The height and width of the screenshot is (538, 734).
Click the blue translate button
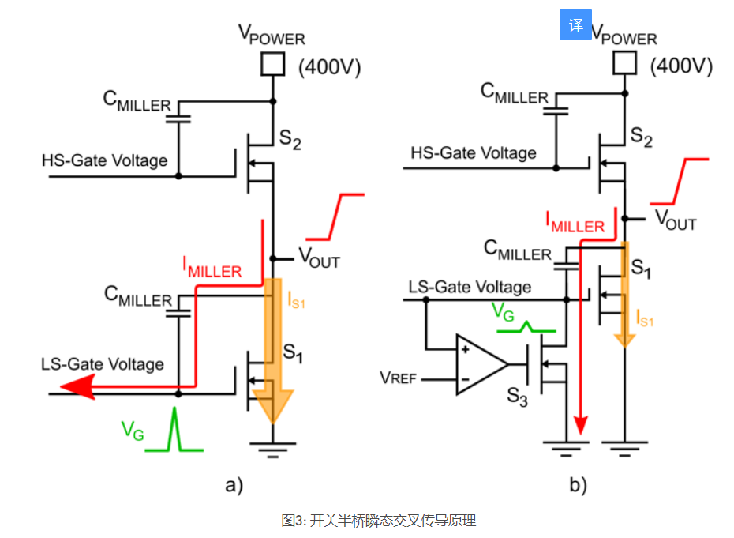point(575,24)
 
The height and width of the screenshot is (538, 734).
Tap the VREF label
point(398,378)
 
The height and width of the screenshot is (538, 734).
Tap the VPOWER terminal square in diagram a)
point(273,64)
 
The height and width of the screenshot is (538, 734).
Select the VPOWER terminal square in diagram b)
point(624,62)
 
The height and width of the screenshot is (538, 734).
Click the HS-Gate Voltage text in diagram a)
point(104,160)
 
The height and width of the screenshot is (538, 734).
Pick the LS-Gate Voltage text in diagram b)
point(470,286)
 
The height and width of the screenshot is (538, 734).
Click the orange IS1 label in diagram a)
point(296,300)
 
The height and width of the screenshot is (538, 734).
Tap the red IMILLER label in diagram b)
point(575,222)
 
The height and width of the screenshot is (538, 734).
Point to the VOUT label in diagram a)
point(320,258)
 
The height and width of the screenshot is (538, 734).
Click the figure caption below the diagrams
point(378,520)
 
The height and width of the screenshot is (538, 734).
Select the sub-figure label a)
point(234,484)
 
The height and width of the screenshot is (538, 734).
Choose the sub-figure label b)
point(578,484)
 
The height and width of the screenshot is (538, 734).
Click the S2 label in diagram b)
point(641,137)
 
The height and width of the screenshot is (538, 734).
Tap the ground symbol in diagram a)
point(273,449)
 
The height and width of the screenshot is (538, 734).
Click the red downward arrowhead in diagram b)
point(581,425)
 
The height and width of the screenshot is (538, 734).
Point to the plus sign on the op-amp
point(466,349)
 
